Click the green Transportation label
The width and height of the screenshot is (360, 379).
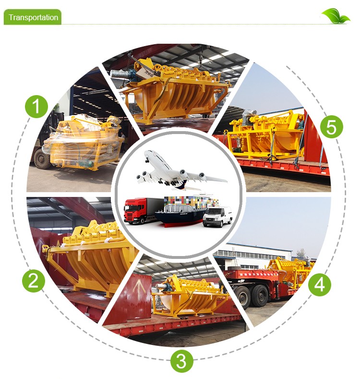coord(33,17)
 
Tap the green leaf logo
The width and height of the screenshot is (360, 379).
coord(336,16)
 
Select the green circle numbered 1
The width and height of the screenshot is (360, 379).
coord(36,106)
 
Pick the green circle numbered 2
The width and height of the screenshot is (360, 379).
coord(33,281)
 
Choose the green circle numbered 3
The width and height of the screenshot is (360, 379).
coord(181,362)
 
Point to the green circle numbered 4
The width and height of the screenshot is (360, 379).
coord(319,284)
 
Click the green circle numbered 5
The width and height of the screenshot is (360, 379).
coord(332,127)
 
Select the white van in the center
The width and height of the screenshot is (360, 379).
coord(217,217)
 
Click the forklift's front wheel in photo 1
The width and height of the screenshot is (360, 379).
coord(42,159)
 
